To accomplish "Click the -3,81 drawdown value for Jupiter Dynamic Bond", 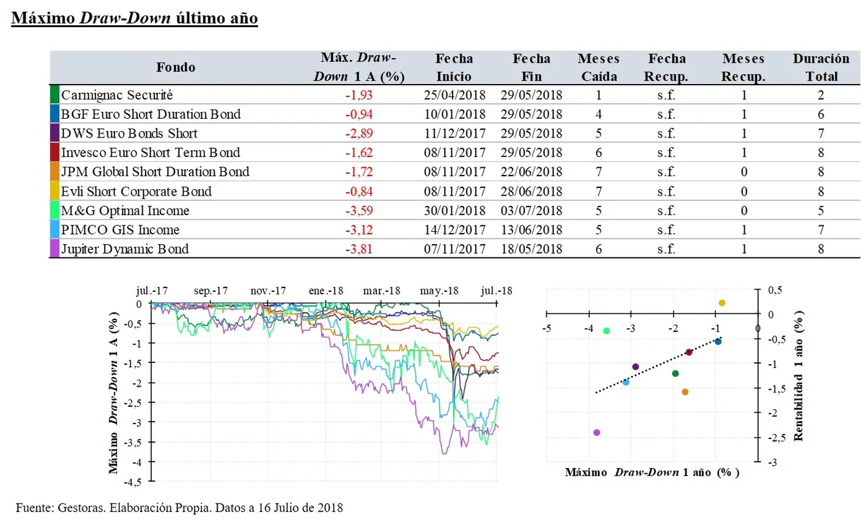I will [x=359, y=249].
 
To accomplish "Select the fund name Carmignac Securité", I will [x=117, y=95].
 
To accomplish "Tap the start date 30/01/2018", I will [x=454, y=210].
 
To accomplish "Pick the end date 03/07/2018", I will [x=531, y=210].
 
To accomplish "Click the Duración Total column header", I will [x=821, y=67].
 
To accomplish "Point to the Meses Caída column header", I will [x=599, y=67].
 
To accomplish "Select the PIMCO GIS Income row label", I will [x=120, y=230].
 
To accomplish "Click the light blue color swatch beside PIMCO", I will [x=54, y=230].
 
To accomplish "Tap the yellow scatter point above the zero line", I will [x=722, y=303].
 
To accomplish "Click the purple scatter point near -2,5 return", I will [x=597, y=433].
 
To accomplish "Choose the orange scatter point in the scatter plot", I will [x=685, y=392].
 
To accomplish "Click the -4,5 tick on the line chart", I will [x=135, y=481].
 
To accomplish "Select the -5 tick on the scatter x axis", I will [x=546, y=328].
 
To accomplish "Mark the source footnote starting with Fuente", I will [x=180, y=508].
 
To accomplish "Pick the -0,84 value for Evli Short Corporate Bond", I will [x=359, y=191].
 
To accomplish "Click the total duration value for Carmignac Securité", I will [x=821, y=95].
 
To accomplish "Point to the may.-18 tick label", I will [x=439, y=291].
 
